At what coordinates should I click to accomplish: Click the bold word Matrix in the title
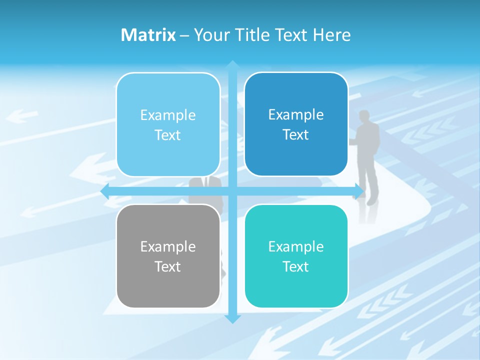(x=148, y=35)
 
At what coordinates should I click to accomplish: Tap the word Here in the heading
(x=332, y=35)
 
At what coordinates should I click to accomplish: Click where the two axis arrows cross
(x=232, y=191)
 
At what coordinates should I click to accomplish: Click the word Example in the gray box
(x=168, y=246)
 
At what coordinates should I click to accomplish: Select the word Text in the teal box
(x=296, y=266)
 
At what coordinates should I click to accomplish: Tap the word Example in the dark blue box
(x=296, y=115)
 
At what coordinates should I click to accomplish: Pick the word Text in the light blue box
(x=168, y=135)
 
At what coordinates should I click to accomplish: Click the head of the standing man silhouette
(x=364, y=115)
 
